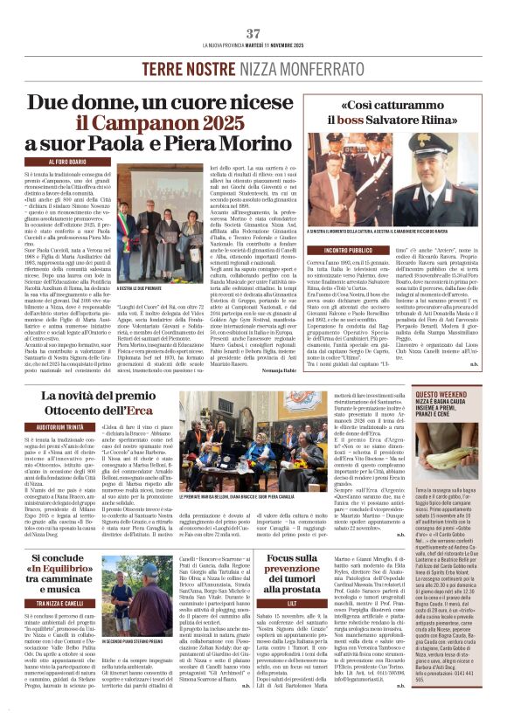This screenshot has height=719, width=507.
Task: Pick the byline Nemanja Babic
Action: [x=260, y=371]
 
